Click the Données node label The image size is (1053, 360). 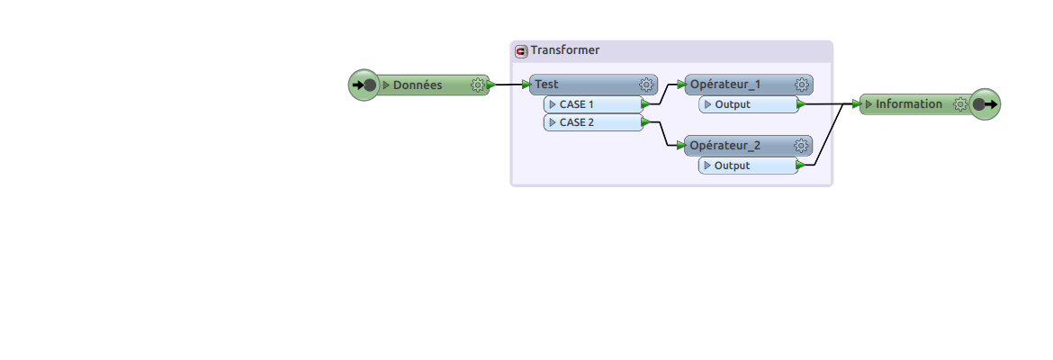417,85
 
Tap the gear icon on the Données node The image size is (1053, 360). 478,85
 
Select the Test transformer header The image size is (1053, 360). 594,85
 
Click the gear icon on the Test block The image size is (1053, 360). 646,85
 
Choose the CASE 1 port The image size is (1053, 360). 594,104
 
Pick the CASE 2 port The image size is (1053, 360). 594,123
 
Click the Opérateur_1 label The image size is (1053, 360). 725,85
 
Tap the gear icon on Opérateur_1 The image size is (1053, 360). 801,85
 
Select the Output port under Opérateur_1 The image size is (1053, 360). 749,104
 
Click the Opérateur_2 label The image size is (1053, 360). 725,146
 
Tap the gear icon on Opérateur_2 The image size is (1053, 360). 801,146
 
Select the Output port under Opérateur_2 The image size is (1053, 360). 749,166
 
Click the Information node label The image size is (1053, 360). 909,104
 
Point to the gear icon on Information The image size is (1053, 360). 960,104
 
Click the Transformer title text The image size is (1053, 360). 565,50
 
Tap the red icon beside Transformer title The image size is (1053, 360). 521,51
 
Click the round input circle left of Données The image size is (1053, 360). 364,85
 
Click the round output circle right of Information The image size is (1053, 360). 985,104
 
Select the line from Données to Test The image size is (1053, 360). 509,85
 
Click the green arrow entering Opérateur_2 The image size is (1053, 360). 681,146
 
